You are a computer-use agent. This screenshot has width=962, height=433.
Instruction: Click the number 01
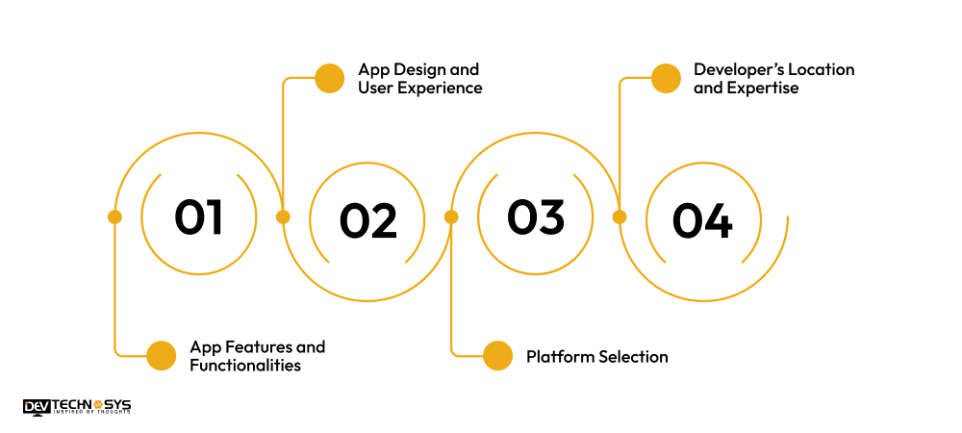point(199,216)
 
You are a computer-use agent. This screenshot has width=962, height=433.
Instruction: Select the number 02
point(367,221)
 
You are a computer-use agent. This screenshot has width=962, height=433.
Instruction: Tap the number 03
point(536,216)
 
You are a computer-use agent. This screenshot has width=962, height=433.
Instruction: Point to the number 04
point(702,221)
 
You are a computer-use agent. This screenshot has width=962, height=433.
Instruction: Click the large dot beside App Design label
point(330,79)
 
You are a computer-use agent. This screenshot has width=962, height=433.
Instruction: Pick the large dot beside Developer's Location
point(666,79)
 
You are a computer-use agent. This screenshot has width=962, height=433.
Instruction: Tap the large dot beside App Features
point(162,356)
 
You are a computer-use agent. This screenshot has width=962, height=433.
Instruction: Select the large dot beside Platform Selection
point(497,356)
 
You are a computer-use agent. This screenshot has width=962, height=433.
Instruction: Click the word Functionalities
point(245,366)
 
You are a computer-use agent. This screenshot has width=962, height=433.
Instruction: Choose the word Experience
point(440,88)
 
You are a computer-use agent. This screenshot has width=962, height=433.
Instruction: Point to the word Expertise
point(763,88)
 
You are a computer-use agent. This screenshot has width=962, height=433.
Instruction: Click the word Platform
point(560,357)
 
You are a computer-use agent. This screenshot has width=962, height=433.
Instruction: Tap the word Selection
point(632,357)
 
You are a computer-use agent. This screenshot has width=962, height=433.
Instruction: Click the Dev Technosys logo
point(76,407)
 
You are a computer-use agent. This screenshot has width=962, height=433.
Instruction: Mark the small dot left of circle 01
point(114,216)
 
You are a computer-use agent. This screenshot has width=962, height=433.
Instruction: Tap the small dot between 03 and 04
point(619,216)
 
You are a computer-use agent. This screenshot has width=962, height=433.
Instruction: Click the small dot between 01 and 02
point(283,216)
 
